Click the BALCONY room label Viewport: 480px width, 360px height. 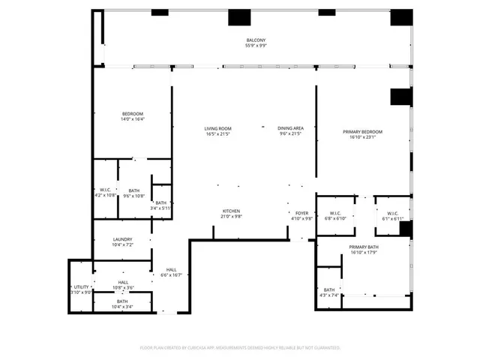(x=256, y=40)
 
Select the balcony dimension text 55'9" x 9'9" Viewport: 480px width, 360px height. (x=256, y=46)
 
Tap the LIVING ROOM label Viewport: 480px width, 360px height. (x=217, y=128)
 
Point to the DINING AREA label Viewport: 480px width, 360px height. (x=289, y=128)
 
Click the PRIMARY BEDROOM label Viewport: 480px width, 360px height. (x=363, y=131)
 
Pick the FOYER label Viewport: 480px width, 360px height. (x=301, y=213)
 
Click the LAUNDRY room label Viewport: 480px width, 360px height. (x=122, y=239)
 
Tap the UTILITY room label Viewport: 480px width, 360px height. (x=81, y=286)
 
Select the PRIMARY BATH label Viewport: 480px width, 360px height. (x=363, y=247)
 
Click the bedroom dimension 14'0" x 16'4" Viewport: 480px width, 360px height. (x=133, y=118)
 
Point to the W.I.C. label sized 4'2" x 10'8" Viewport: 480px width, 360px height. (x=106, y=190)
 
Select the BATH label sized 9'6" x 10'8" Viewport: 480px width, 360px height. (x=133, y=190)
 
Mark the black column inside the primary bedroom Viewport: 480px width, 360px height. (x=400, y=97)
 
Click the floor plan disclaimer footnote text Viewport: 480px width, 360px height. (x=240, y=347)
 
